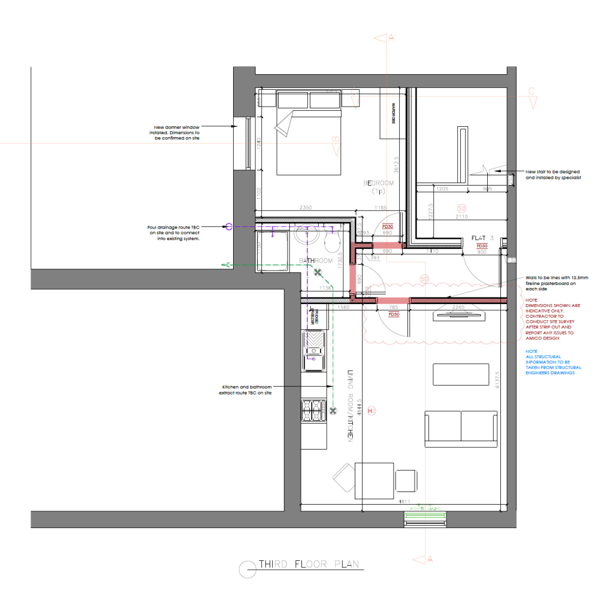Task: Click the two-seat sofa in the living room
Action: (460, 428)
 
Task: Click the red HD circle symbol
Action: (372, 411)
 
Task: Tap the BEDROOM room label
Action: (378, 184)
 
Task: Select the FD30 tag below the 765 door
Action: (394, 314)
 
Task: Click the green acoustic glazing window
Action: (425, 515)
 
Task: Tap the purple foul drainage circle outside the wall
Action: (228, 227)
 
